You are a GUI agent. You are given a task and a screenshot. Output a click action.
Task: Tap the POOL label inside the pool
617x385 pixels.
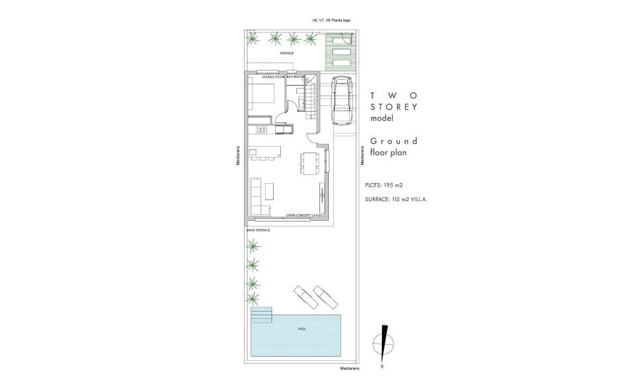[x=302, y=329]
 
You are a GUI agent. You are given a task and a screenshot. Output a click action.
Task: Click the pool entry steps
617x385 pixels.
[x=261, y=316]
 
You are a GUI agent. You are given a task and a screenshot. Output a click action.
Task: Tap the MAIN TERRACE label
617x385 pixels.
[x=258, y=230]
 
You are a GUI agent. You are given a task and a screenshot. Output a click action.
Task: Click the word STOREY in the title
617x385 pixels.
[x=394, y=107]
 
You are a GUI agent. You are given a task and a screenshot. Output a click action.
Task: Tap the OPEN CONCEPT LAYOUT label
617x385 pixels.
[x=304, y=216]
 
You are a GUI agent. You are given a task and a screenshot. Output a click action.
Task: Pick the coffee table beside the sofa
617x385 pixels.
[x=269, y=190]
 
